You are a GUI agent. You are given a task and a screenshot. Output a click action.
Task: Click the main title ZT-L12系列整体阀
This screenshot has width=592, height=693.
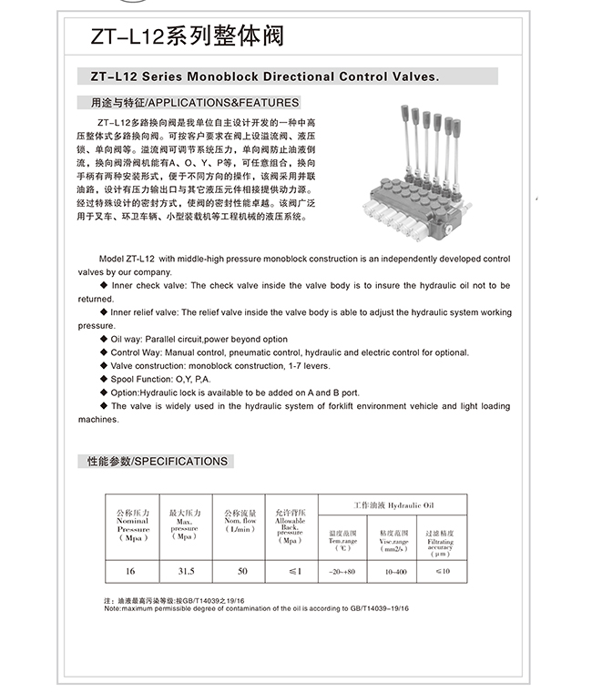[x=187, y=36]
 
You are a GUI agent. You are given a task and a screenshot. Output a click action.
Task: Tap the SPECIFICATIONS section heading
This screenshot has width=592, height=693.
[x=157, y=462]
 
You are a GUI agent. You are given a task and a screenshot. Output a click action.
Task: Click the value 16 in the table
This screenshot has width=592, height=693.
[x=131, y=570]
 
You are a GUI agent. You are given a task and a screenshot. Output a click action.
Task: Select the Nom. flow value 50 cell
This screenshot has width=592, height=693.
[x=242, y=570]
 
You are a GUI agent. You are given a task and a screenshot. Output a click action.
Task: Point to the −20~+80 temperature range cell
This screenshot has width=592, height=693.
[x=342, y=570]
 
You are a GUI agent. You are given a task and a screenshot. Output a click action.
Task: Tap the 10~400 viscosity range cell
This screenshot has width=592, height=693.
[x=395, y=570]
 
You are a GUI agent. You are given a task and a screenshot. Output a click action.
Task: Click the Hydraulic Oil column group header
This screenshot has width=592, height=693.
[x=393, y=504]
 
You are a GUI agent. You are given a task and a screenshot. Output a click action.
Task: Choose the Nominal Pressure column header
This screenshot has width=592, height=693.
[x=133, y=525]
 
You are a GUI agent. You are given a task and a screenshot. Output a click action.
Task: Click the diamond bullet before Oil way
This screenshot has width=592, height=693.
[x=104, y=339]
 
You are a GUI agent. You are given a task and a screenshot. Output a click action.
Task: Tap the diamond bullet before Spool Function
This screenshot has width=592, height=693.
[x=104, y=379]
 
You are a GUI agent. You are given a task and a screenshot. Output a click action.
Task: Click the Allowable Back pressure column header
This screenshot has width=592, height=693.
[x=290, y=525]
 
